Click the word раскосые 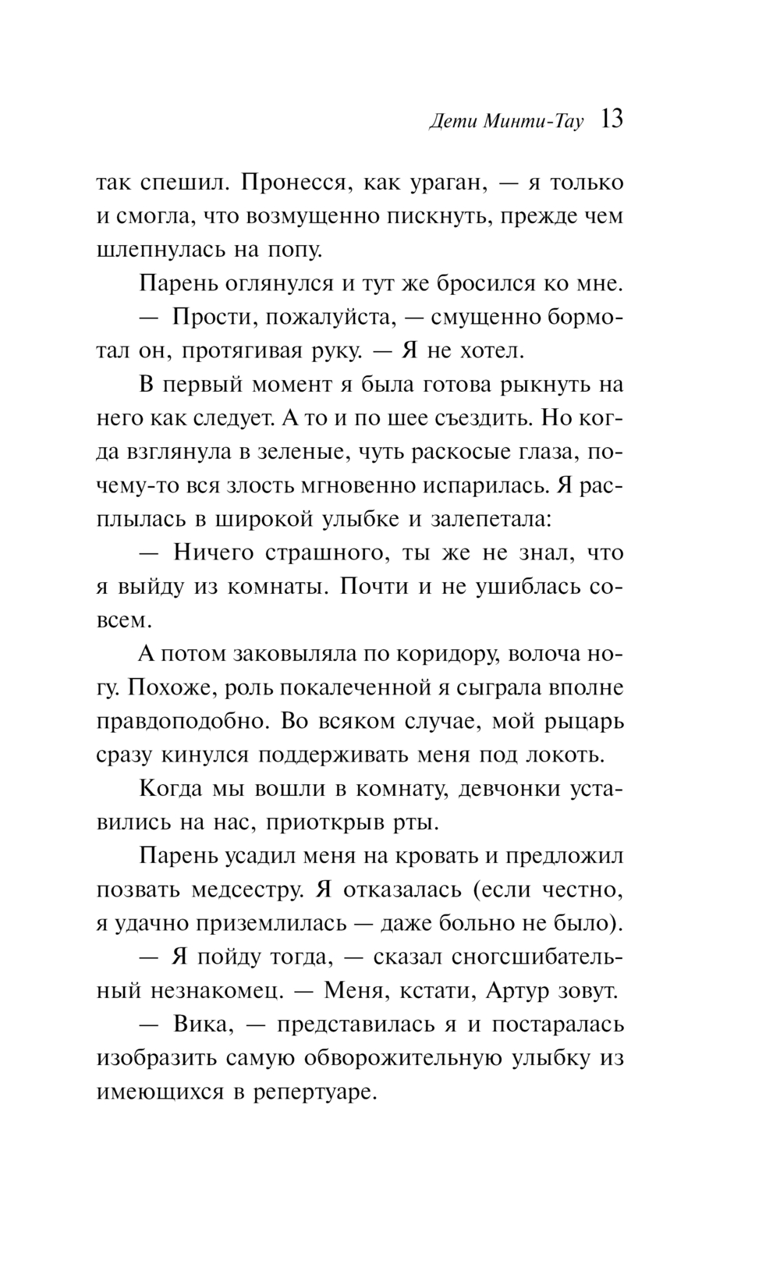[x=461, y=453]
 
